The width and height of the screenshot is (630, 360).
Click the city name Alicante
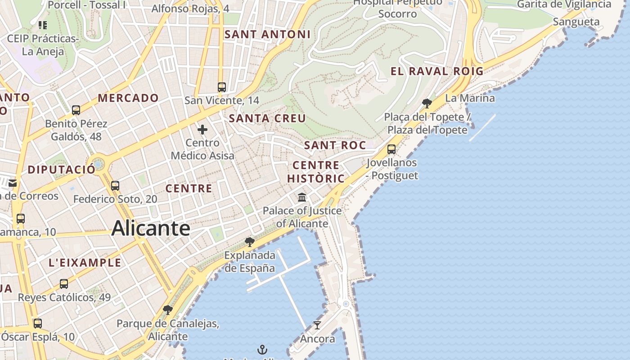click(151, 228)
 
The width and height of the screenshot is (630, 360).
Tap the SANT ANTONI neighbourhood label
click(267, 34)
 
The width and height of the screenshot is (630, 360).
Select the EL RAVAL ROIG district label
click(436, 71)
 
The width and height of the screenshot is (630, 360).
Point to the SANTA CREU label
click(267, 118)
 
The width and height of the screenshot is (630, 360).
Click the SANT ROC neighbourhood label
click(335, 145)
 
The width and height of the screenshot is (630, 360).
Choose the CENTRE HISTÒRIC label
click(316, 172)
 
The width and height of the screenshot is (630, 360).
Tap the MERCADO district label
click(128, 98)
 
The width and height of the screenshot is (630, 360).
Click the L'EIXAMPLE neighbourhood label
click(85, 263)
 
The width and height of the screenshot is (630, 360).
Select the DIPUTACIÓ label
click(62, 170)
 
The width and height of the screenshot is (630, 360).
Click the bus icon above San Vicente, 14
click(221, 87)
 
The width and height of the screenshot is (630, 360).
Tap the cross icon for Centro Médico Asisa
click(202, 130)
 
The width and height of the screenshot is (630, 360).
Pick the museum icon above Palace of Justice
click(302, 197)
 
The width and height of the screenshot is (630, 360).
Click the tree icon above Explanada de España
click(249, 242)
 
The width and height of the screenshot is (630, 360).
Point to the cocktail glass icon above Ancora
click(317, 325)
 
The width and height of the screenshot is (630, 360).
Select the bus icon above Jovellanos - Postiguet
click(391, 149)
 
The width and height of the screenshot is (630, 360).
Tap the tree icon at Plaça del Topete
click(427, 104)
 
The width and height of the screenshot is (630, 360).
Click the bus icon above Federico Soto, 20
click(115, 185)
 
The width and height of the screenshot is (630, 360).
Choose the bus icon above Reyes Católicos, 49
click(64, 284)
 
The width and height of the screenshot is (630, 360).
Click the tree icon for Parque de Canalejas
click(167, 310)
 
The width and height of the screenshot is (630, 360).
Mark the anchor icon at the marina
click(262, 350)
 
